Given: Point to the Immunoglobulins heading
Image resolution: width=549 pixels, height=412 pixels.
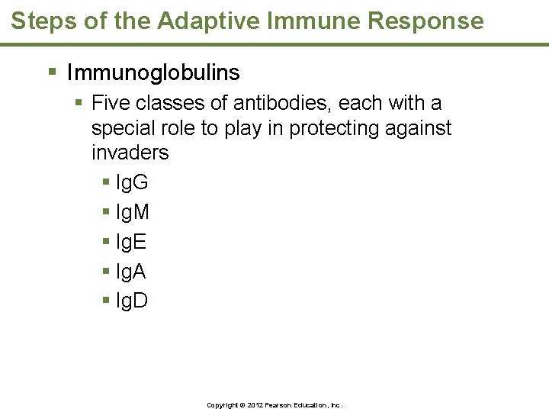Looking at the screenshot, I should coord(153,72).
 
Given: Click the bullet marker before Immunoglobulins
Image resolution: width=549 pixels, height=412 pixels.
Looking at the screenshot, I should coord(52,73).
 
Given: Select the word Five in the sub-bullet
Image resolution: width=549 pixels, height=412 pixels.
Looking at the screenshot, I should coord(111,103).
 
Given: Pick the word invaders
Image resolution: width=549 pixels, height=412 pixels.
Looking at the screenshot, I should coord(130,153).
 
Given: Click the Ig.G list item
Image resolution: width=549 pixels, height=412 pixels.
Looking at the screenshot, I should coord(131,182).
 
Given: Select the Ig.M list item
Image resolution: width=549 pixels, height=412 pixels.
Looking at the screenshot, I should coord(132,212).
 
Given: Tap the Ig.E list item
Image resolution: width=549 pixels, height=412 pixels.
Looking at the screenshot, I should coord(130,242).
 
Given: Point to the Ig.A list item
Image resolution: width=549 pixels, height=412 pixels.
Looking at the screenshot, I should coord(130,272).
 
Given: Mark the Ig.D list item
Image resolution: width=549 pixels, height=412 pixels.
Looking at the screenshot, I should coord(131,301).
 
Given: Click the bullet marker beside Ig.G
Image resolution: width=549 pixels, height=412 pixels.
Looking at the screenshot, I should coord(105,183).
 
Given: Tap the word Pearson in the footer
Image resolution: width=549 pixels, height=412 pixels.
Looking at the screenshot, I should coord(279,404).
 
